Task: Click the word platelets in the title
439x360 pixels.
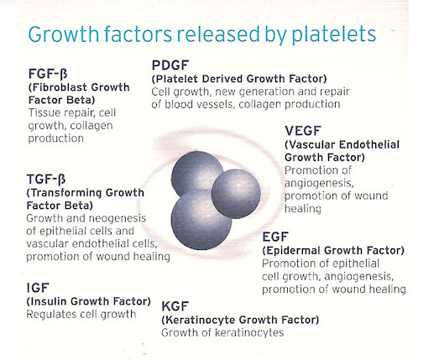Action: (x=334, y=34)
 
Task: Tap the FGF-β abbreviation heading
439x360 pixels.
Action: (x=48, y=74)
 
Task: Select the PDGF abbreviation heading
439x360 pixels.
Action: (x=170, y=65)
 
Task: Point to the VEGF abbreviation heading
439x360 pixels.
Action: (x=303, y=131)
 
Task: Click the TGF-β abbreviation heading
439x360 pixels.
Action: (x=46, y=180)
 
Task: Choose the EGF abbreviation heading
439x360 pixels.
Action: (x=275, y=237)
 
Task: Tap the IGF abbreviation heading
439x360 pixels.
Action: (x=38, y=288)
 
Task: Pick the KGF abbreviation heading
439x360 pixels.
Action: (x=175, y=306)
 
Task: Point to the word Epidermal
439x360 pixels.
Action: (x=291, y=251)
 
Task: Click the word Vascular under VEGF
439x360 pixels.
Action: (x=310, y=144)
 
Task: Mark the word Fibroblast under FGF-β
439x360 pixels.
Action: (x=59, y=87)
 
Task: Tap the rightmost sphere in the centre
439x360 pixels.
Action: (x=236, y=194)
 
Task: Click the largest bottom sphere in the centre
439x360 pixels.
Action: (x=201, y=219)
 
